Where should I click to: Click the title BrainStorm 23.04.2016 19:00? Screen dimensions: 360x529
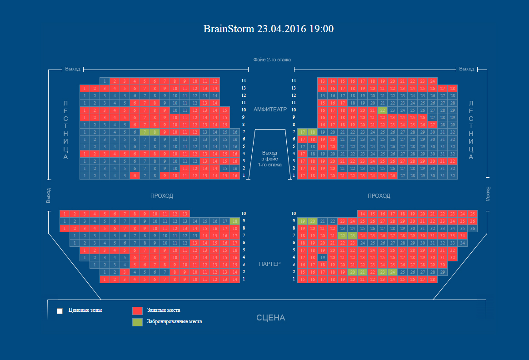pos(268,29)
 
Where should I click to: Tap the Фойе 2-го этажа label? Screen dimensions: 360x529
pos(272,60)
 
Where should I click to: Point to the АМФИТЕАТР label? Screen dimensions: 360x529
pos(270,110)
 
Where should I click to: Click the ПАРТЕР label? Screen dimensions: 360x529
pos(270,264)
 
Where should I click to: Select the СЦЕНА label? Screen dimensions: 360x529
pos(270,318)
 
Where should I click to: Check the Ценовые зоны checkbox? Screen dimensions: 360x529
pos(60,311)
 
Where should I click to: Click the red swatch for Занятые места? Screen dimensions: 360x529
pos(137,311)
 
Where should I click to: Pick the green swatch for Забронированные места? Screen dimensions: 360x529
pos(137,322)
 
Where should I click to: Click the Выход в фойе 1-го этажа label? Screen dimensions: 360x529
pos(270,159)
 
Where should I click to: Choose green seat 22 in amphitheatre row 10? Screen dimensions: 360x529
pos(382,110)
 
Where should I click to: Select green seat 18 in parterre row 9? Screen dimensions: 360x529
pos(235,221)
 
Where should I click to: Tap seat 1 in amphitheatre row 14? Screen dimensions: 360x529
pos(105,81)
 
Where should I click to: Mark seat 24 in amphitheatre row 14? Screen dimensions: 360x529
pos(432,81)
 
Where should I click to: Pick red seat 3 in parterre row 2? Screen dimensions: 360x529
pos(125,272)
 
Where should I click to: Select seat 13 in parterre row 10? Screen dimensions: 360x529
pos(185,214)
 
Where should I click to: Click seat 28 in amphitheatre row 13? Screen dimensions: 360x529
pos(452,88)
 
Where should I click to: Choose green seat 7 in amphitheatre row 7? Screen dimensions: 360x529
pos(145,132)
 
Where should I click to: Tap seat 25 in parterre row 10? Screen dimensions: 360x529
pos(473,214)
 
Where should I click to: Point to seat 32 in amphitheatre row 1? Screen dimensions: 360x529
pos(452,175)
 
